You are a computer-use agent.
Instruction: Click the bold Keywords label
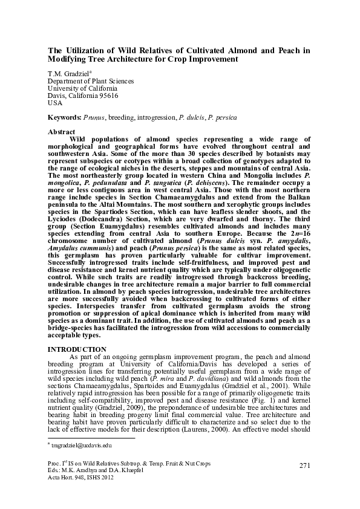[64, 117]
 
